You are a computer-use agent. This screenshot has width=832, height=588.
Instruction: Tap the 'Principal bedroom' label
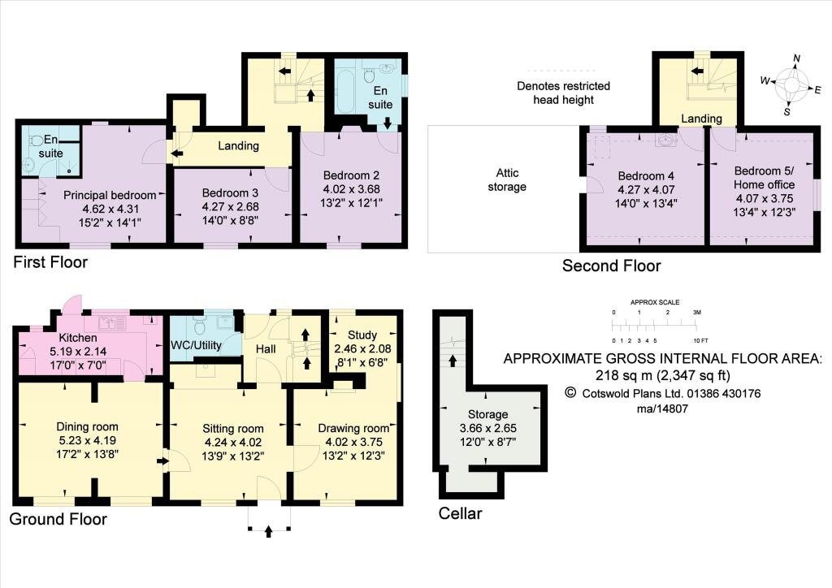coord(110,195)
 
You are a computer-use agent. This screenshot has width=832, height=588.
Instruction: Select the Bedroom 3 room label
coord(230,193)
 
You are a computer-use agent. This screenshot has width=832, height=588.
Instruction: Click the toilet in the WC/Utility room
coord(200,324)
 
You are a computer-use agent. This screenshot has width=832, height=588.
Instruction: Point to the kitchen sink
coord(112,322)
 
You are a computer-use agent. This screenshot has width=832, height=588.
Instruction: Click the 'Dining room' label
coord(87,427)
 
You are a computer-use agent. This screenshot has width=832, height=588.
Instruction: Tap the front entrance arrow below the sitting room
coord(268,530)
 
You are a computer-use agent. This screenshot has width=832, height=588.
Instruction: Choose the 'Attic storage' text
coord(507,179)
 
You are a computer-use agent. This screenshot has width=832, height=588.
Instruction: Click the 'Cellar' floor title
coord(460,513)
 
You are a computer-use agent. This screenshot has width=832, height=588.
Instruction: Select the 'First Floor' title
coord(50,262)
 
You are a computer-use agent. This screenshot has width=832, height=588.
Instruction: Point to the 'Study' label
coord(362,335)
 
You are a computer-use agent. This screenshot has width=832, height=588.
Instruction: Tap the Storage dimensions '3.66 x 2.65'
coord(488,428)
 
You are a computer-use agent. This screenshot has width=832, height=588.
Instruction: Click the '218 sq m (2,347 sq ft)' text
coord(663,375)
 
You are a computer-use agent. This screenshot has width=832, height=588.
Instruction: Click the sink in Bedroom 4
coord(666,140)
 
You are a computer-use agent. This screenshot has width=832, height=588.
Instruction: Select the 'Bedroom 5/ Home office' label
coord(764,178)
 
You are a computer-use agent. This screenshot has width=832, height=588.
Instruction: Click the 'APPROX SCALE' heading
coord(655,302)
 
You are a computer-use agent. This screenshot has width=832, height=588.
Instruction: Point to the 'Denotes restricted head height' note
coord(564,93)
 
